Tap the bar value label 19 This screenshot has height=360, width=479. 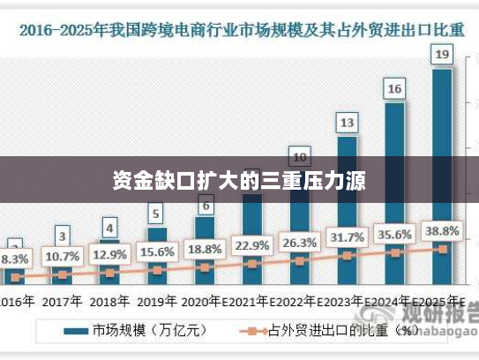[x=442, y=56]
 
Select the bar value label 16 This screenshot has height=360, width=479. [x=394, y=88]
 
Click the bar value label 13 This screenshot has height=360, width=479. [x=347, y=122]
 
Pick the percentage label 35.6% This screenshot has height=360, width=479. [x=395, y=235]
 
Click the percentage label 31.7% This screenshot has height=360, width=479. [x=348, y=237]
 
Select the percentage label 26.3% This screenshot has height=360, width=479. [x=300, y=243]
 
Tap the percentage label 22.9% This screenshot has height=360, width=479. [x=252, y=245]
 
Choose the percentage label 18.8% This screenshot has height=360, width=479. [x=205, y=249]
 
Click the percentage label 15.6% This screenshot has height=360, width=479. [x=157, y=252]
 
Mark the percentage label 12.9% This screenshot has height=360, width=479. [x=110, y=255]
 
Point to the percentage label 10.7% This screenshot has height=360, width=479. [x=63, y=257]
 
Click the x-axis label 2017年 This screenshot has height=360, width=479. [x=62, y=301]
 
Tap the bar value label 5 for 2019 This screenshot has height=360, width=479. [x=156, y=214]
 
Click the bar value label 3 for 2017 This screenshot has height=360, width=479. [x=62, y=236]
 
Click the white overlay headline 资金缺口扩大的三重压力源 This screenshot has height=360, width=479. [x=239, y=182]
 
